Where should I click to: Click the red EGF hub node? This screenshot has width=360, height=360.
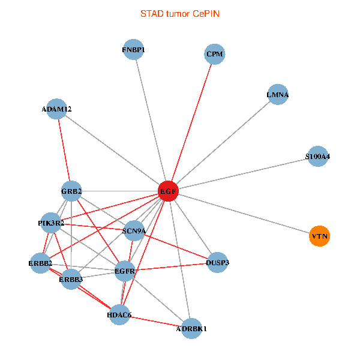(x=167, y=191)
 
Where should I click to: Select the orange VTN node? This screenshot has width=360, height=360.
(x=320, y=236)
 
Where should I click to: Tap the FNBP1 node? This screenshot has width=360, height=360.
(x=133, y=50)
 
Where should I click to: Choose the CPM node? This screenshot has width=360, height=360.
(x=214, y=54)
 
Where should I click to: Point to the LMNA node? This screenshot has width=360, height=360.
(x=278, y=95)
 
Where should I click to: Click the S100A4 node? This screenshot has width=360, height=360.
(x=317, y=157)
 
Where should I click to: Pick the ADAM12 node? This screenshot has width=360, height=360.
(x=56, y=109)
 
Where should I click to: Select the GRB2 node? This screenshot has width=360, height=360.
(x=71, y=191)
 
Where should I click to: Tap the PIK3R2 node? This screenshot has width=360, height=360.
(x=51, y=223)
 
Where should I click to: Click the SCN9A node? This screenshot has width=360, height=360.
(x=134, y=230)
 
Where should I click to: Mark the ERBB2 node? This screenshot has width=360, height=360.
(x=40, y=263)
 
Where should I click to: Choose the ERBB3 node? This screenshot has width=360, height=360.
(x=71, y=279)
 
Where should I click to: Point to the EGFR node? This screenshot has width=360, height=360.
(x=125, y=271)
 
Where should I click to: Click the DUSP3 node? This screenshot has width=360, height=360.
(x=218, y=263)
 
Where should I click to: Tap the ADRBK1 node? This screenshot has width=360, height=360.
(x=191, y=328)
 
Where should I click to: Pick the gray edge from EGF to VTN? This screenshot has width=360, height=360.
(x=244, y=214)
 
